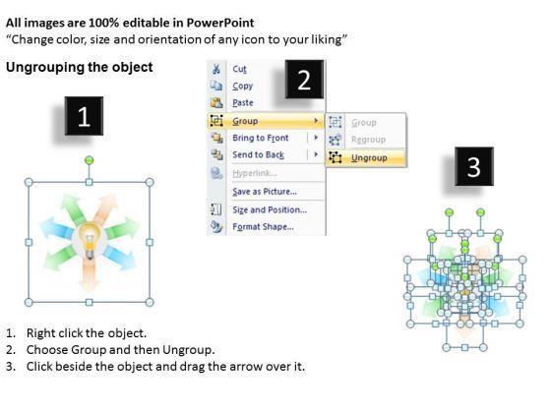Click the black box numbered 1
point(84,116)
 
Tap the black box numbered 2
point(304,79)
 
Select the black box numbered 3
point(474,166)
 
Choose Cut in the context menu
point(240,69)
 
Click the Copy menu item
point(242,87)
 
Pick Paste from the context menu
point(243,103)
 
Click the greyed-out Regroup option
point(368,140)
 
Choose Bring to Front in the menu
point(261,138)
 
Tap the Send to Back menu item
point(258,155)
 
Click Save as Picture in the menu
point(265,192)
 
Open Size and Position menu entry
point(270,209)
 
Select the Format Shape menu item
point(264,227)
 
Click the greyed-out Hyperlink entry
point(255,173)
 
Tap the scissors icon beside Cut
point(216,69)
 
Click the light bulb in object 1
point(90,239)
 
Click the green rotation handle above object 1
point(90,160)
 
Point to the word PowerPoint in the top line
point(220,23)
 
